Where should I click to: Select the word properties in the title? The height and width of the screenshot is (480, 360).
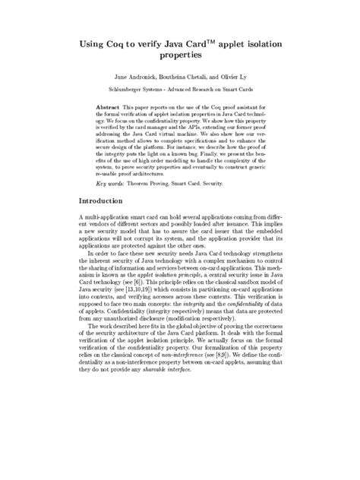tap(180, 56)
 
